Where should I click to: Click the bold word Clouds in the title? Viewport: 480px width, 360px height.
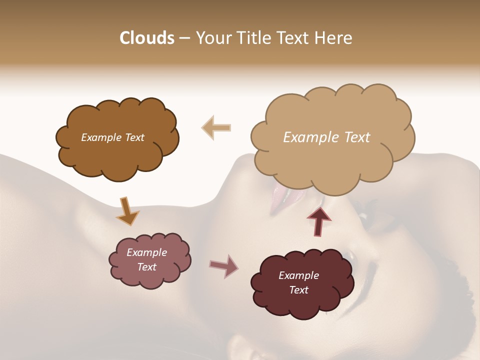click(x=146, y=38)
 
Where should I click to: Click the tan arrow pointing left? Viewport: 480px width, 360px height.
click(x=216, y=127)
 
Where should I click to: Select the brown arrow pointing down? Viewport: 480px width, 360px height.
click(x=127, y=210)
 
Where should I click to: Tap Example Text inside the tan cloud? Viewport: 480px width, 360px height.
click(x=326, y=137)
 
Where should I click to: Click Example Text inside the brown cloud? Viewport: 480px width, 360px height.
click(x=112, y=137)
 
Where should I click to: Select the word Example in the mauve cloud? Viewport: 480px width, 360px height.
click(x=146, y=252)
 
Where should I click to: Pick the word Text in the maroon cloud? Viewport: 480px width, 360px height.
click(x=298, y=290)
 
